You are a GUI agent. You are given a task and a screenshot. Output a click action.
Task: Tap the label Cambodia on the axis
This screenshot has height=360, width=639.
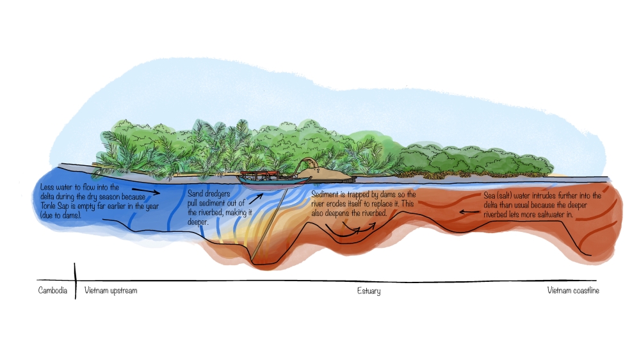coord(52,291)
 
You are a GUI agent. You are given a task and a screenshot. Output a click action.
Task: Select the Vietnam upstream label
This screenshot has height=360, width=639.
coord(111,291)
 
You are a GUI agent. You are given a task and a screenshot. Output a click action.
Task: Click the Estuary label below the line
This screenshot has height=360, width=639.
coord(369,291)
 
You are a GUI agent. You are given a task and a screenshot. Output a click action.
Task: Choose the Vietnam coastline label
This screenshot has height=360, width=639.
coord(573,291)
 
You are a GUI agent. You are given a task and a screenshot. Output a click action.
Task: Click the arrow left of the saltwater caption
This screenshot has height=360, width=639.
coord(465,209)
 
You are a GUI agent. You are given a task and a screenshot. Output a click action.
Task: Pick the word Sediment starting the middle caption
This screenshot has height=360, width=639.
coord(325,194)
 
